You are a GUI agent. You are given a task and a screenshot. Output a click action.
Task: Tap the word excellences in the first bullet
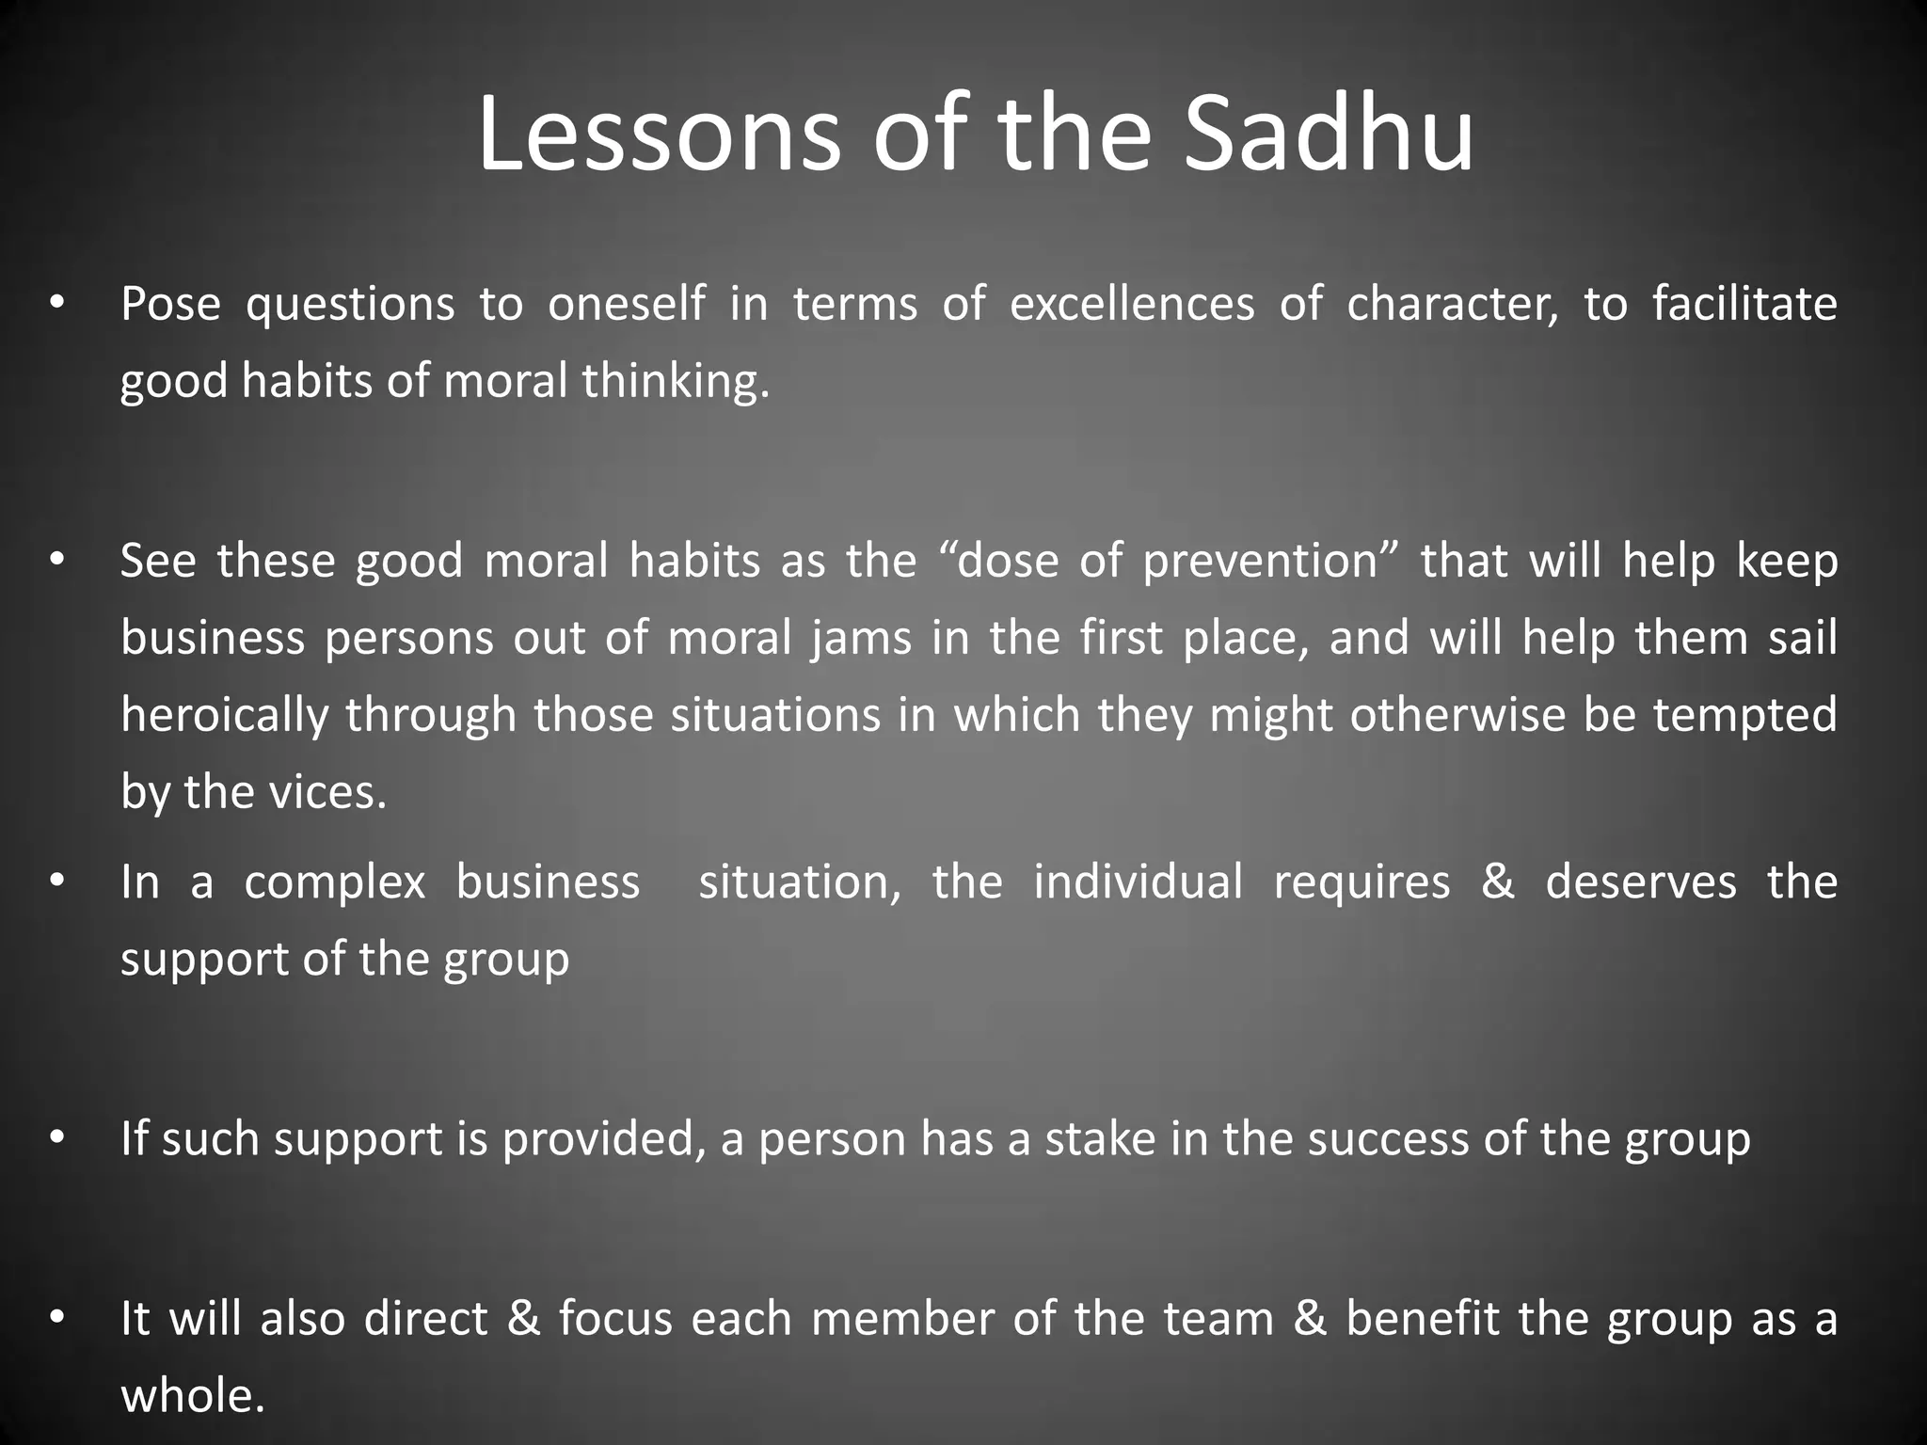pos(1132,304)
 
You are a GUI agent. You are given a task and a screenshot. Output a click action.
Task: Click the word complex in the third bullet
pos(335,883)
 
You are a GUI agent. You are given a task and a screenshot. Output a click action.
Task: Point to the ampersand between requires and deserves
pos(1497,882)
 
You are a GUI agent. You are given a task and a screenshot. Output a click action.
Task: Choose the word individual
pos(1138,882)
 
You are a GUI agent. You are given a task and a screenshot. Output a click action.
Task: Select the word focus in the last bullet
pos(615,1318)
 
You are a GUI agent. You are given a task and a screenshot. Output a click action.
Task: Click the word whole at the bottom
pos(192,1395)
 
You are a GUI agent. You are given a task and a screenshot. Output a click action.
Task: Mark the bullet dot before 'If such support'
pos(56,1139)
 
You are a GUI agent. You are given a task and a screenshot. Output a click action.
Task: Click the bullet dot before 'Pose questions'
pos(56,304)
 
